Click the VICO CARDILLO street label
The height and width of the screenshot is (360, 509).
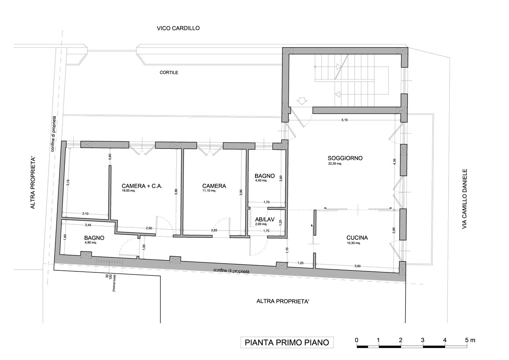click(178, 28)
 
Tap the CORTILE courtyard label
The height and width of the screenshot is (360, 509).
click(169, 73)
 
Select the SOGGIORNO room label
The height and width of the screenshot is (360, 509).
click(345, 158)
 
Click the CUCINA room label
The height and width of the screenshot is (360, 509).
click(357, 238)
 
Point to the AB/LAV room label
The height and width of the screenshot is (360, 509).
click(265, 219)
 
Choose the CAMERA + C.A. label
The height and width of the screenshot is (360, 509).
click(142, 186)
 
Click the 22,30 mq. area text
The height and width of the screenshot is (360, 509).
click(335, 163)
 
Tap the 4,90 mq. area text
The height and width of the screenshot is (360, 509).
click(91, 242)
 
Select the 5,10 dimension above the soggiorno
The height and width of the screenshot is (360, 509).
click(344, 120)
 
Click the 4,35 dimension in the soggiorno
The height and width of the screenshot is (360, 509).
click(394, 162)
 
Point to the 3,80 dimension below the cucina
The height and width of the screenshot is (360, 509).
click(357, 266)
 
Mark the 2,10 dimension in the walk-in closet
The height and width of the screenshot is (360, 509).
click(86, 214)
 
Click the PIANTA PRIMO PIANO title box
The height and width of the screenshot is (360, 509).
click(287, 342)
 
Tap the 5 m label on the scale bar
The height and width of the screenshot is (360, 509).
click(470, 340)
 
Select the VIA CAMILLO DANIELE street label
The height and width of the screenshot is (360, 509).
click(465, 199)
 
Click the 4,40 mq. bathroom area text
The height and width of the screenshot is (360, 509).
click(261, 181)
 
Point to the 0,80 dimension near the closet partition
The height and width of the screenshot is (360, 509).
click(110, 157)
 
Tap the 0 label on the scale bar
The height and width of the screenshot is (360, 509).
click(357, 340)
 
